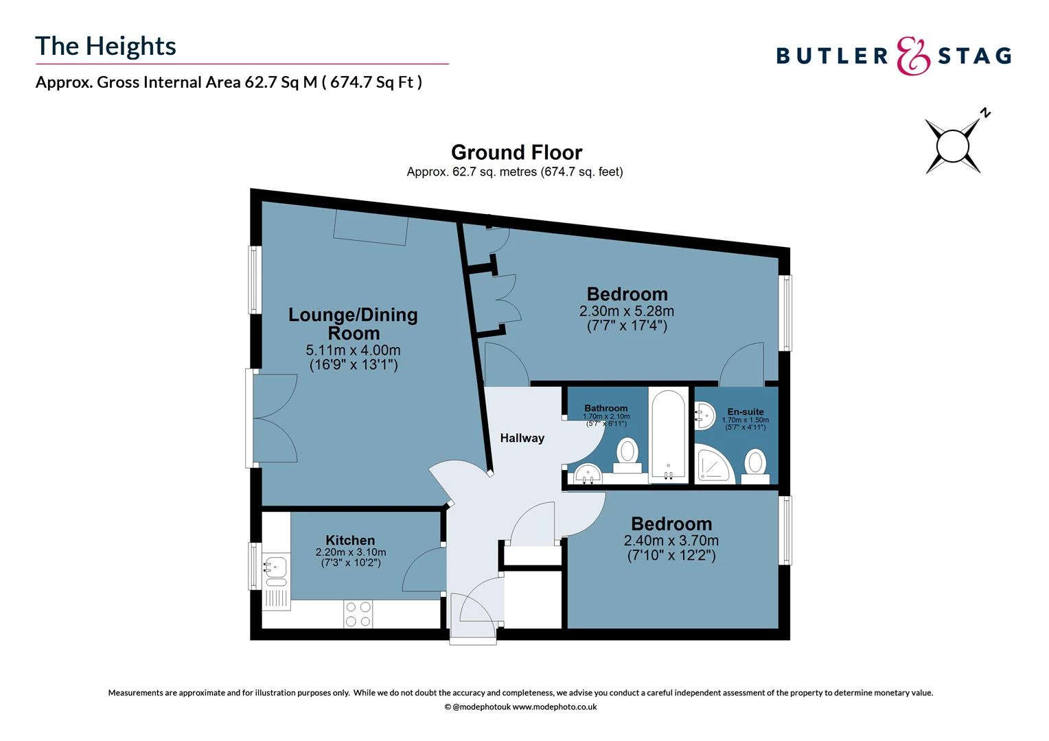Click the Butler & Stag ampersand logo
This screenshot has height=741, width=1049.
coord(913,56)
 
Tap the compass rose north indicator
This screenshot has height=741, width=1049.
coord(952,145)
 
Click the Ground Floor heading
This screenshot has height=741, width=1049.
coord(516,152)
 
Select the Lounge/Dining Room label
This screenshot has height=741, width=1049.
coord(353,324)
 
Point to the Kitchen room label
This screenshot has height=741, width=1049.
coord(350,541)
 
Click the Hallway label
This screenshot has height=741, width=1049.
coord(522,438)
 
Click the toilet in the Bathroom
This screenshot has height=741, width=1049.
coord(627,455)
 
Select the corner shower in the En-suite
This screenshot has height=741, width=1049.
coord(714,464)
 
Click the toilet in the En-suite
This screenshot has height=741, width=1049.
coord(755,463)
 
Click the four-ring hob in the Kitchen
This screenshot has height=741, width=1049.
coord(358,614)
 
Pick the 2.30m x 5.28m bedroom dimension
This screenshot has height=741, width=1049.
coord(627,311)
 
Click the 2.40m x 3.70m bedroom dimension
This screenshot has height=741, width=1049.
coord(671,541)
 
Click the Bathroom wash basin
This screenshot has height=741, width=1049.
coord(587,473)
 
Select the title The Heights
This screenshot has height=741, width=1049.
coord(106,46)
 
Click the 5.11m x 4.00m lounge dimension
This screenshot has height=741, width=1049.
coord(353,351)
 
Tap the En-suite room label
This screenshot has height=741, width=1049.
coord(745,412)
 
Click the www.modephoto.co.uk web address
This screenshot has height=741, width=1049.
coord(554,707)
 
